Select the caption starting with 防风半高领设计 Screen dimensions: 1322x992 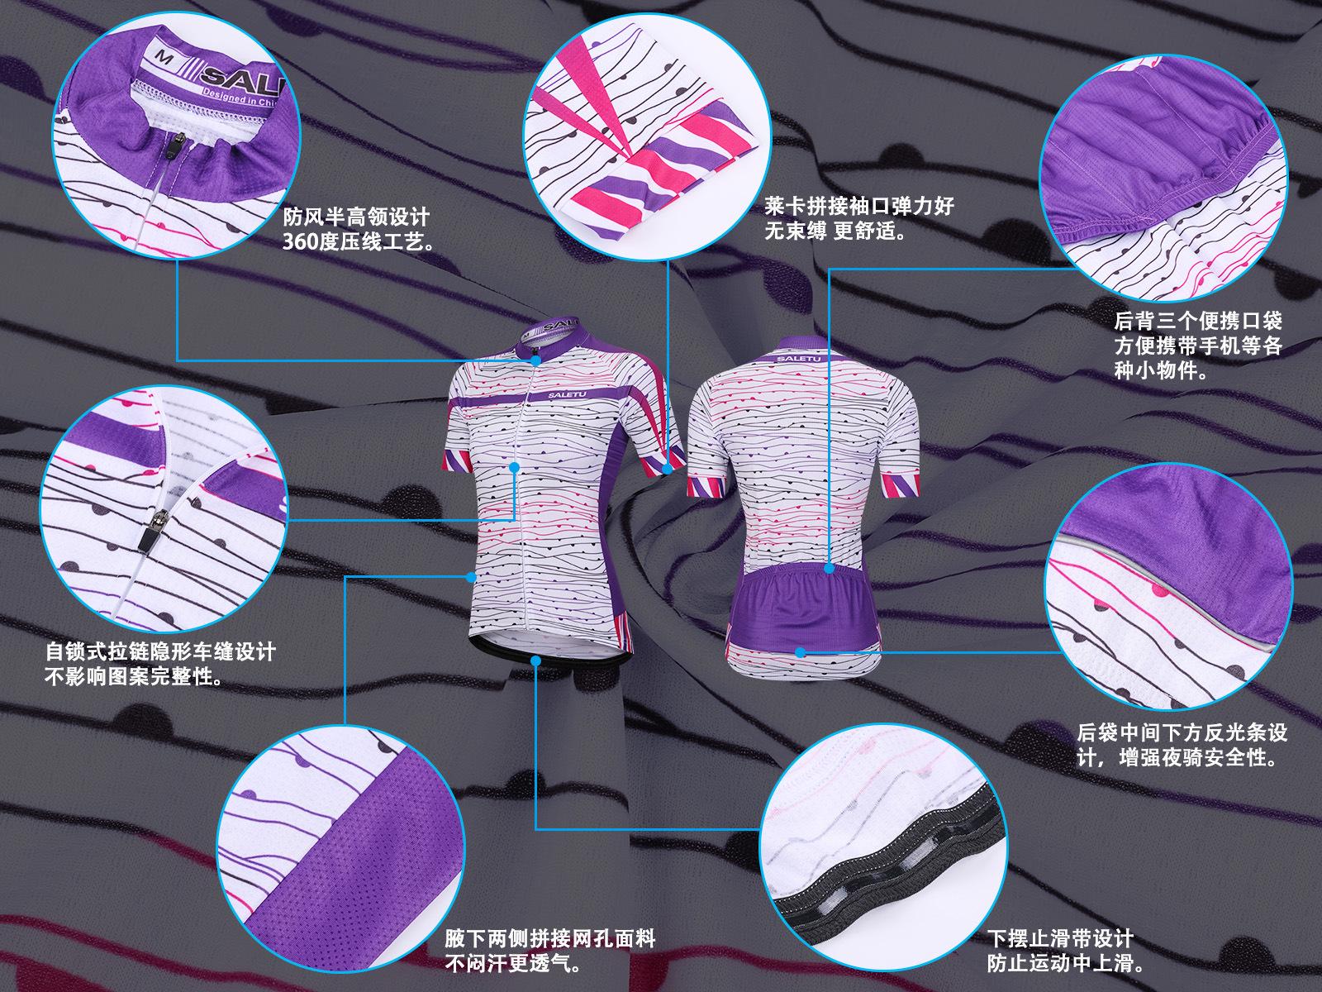point(357,230)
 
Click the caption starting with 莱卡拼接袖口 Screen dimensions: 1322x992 point(859,217)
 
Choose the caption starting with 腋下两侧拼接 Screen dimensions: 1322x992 point(550,951)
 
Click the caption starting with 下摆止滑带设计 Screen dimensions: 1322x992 point(1061,951)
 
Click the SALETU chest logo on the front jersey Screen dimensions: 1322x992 point(568,394)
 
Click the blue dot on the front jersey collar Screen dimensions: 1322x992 point(536,360)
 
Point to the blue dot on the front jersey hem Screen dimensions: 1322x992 point(536,661)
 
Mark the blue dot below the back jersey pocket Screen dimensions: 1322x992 point(800,652)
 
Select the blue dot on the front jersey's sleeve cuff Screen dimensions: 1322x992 point(668,469)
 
